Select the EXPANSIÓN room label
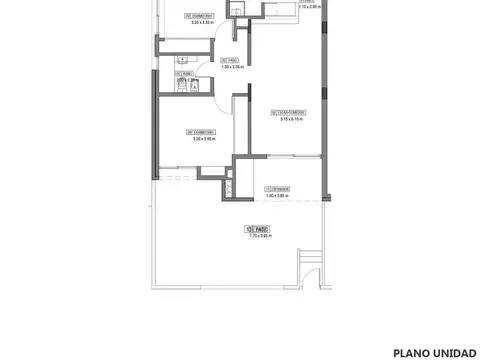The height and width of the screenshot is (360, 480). pos(277,188)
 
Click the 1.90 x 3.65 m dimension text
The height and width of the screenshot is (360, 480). pos(277,196)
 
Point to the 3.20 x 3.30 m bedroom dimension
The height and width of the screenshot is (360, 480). pos(203,21)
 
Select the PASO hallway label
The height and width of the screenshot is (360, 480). pos(227,60)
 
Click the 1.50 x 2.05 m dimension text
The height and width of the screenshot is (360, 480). pos(231,67)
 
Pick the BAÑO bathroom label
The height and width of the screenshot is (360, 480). pos(183,73)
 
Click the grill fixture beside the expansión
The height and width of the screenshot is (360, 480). pos(232,186)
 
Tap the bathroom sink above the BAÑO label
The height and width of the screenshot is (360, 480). pos(183,60)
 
